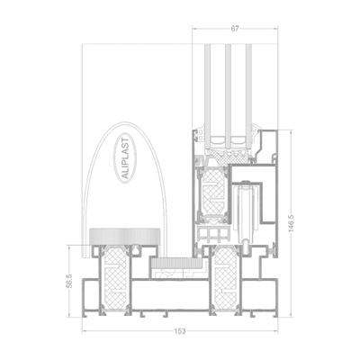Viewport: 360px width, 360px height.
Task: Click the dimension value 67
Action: (x=235, y=29)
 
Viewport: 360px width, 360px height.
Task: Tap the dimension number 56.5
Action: (x=70, y=281)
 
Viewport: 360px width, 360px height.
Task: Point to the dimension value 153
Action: (x=180, y=331)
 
